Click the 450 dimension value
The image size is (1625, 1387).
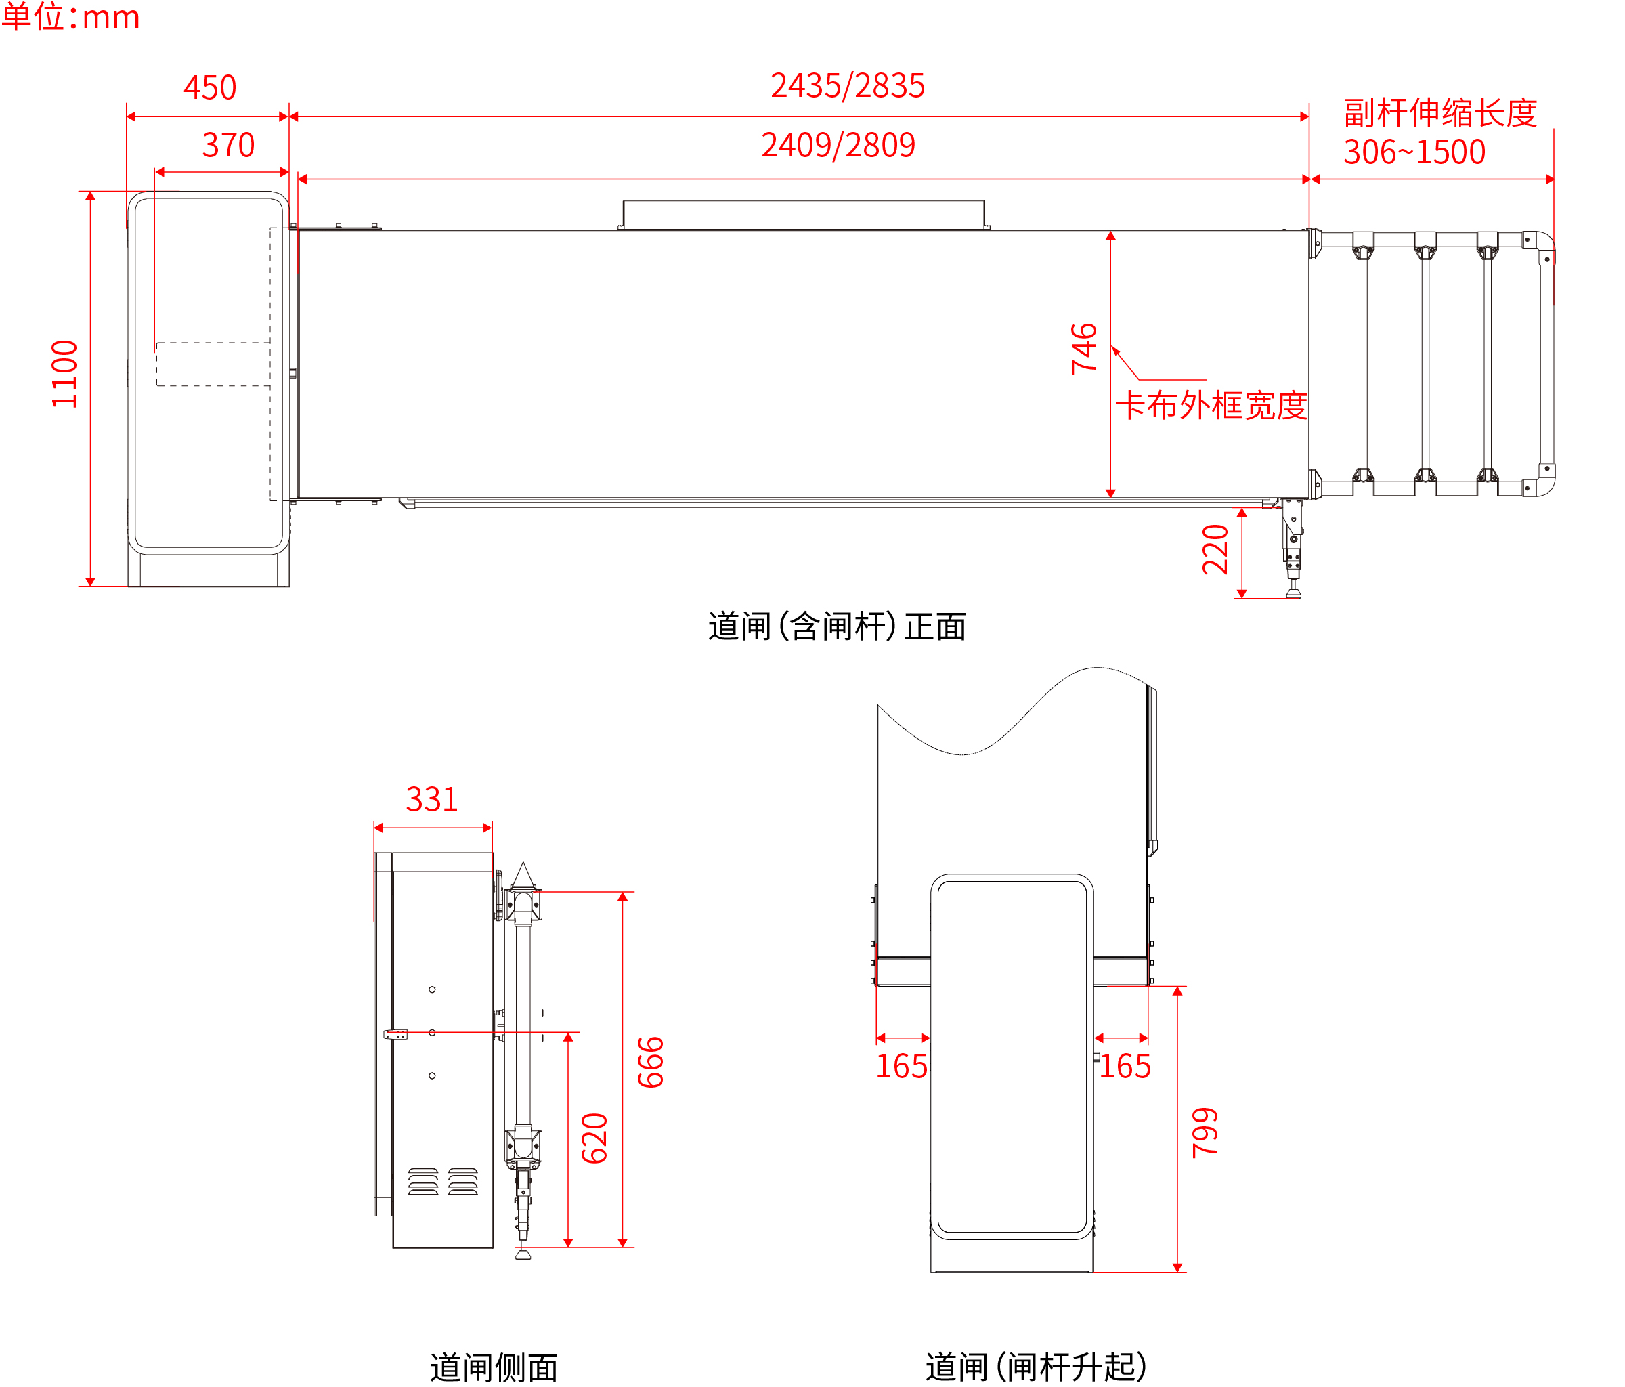pos(209,87)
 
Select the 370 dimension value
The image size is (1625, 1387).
pos(228,145)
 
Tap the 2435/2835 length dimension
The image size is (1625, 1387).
pos(847,85)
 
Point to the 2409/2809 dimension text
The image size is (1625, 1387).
pos(838,145)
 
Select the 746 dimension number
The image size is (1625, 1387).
pos(1084,348)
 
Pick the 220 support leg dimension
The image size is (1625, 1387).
pos(1215,549)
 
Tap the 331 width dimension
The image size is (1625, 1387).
pos(431,799)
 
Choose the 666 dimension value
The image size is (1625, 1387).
pos(651,1062)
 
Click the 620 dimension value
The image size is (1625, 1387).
pos(594,1138)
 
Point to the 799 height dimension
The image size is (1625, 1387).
pos(1205,1132)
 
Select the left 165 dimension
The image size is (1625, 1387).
pos(901,1066)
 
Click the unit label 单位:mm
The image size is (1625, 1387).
pos(70,16)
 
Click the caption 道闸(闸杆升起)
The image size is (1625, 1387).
pos(1036,1366)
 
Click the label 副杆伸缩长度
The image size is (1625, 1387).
pos(1440,113)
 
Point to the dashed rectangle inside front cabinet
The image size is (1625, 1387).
pos(213,364)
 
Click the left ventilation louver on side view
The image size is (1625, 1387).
pos(422,1180)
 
